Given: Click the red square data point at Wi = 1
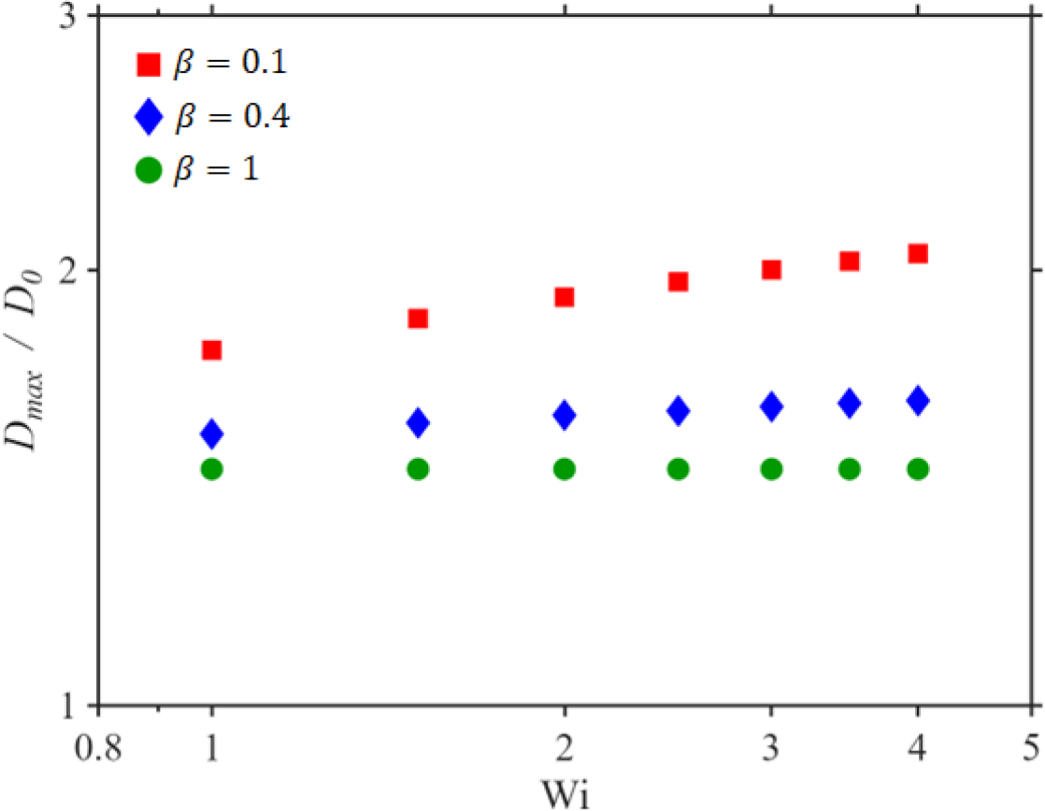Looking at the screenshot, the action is tap(211, 349).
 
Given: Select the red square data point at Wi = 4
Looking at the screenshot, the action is tap(918, 253).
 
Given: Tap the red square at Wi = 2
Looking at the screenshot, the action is tap(565, 296).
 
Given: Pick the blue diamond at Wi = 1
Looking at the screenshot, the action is tap(211, 434).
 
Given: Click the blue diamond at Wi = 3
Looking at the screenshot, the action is tap(771, 406).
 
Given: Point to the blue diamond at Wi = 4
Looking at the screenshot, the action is tap(918, 400).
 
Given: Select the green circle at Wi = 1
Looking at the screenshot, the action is tap(211, 469).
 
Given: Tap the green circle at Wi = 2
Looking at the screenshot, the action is tap(565, 469).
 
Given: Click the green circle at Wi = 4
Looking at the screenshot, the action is tap(918, 469).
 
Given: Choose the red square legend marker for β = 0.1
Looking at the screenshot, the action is tap(149, 64).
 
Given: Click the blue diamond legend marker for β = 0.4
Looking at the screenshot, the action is tap(149, 117).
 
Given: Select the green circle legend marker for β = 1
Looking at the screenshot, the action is tap(149, 170).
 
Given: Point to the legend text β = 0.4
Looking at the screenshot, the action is tap(232, 117).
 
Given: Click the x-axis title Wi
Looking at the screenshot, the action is tap(565, 794).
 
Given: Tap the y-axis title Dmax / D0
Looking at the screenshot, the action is tap(24, 361).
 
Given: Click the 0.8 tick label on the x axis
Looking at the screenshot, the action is tap(98, 747).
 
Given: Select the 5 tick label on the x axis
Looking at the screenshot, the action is tap(1032, 747).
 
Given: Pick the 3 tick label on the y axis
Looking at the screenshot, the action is tap(67, 17).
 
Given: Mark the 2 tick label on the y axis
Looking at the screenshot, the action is tap(68, 269).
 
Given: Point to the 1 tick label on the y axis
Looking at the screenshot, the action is tap(68, 705).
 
